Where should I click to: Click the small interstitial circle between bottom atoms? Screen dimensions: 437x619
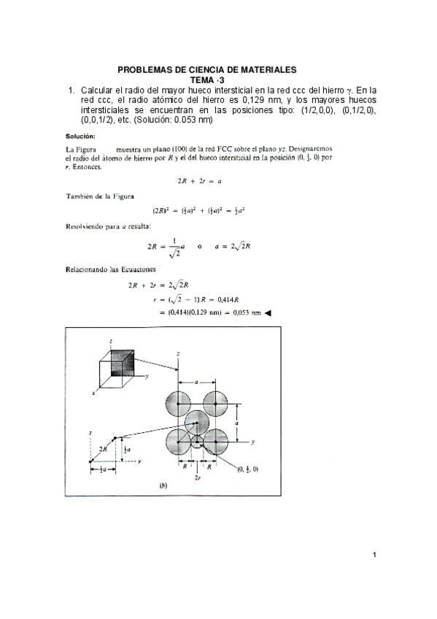(196, 442)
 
